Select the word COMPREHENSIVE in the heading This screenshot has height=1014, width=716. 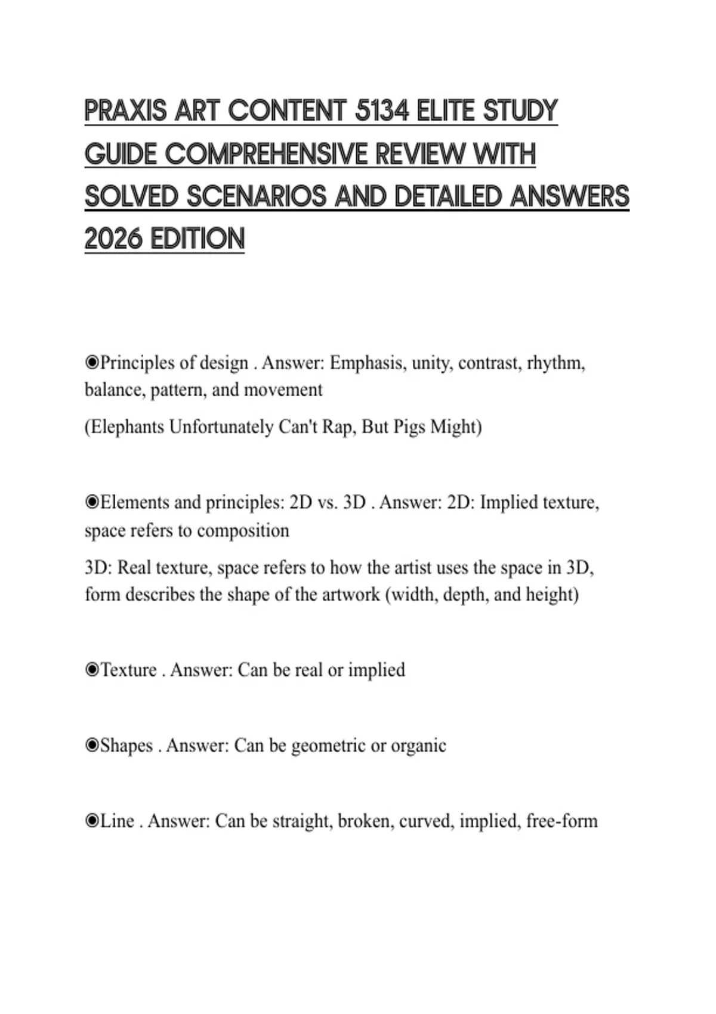pyautogui.click(x=265, y=154)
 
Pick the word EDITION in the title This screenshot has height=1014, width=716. pyautogui.click(x=197, y=239)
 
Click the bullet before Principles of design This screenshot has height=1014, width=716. pyautogui.click(x=91, y=363)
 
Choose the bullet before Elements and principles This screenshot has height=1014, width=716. pyautogui.click(x=91, y=502)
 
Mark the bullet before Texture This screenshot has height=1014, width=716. pyautogui.click(x=91, y=670)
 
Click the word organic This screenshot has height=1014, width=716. pyautogui.click(x=418, y=746)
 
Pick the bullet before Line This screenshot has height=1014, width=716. pyautogui.click(x=91, y=821)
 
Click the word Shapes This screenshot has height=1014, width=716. pyautogui.click(x=126, y=746)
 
